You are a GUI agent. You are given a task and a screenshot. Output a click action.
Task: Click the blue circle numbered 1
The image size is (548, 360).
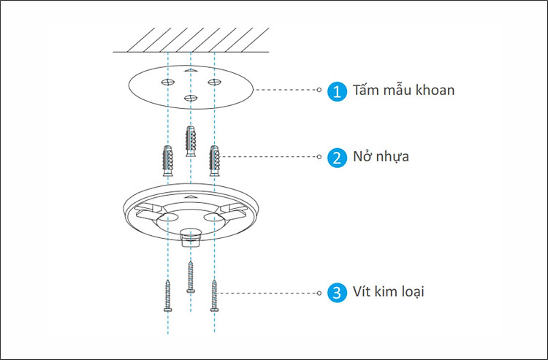click(x=337, y=91)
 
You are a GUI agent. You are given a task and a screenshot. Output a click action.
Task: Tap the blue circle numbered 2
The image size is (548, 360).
click(x=337, y=157)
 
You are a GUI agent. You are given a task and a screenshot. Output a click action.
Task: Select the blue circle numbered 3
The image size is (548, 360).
click(x=337, y=293)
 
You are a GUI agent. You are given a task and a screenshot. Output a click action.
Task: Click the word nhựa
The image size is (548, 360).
click(x=392, y=157)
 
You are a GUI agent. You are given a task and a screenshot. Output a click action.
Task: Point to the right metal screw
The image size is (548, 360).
click(x=214, y=296)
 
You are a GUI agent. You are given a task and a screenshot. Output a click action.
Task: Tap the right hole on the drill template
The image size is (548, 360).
click(x=214, y=82)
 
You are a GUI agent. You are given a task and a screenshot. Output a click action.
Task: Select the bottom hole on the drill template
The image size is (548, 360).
click(x=191, y=97)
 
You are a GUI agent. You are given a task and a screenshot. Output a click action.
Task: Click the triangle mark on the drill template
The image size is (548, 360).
click(x=191, y=71)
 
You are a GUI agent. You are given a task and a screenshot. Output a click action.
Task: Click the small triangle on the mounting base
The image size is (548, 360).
click(x=191, y=197)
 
